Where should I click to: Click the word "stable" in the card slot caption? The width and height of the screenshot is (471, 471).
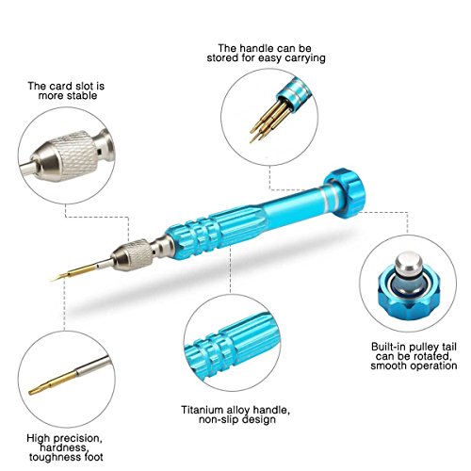coord(81,95)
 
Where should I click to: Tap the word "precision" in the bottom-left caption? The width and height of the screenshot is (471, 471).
coord(75,438)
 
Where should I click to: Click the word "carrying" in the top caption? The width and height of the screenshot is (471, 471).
coord(305,58)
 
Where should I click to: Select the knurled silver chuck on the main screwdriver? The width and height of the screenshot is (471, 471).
coord(134,254)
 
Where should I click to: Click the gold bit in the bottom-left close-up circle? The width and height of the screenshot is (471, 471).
coord(53,382)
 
